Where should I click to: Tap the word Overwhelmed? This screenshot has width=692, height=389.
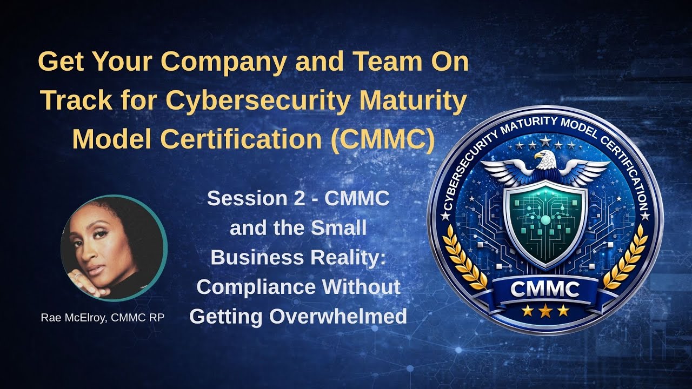[338, 317]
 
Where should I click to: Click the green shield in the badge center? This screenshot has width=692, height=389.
[545, 222]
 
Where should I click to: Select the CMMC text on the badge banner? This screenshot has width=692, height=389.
[545, 290]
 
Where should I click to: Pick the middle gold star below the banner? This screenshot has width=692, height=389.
[545, 310]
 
